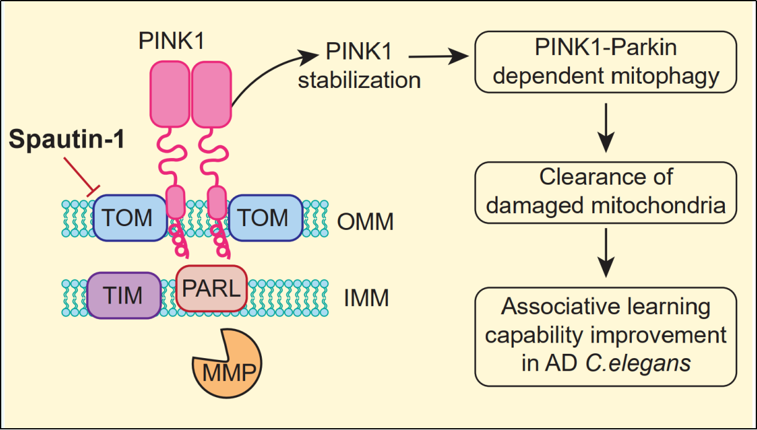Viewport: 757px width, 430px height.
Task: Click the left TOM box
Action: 129,219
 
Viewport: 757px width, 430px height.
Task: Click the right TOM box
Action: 265,219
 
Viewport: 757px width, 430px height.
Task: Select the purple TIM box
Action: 124,295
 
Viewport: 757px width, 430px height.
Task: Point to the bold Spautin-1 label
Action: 66,140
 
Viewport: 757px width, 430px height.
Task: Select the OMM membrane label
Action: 366,222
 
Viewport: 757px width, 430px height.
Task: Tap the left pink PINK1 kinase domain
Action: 169,92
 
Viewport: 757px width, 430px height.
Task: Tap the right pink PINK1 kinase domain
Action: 211,92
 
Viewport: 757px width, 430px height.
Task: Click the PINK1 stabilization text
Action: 359,68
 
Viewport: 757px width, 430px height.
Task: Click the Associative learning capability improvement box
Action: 605,335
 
